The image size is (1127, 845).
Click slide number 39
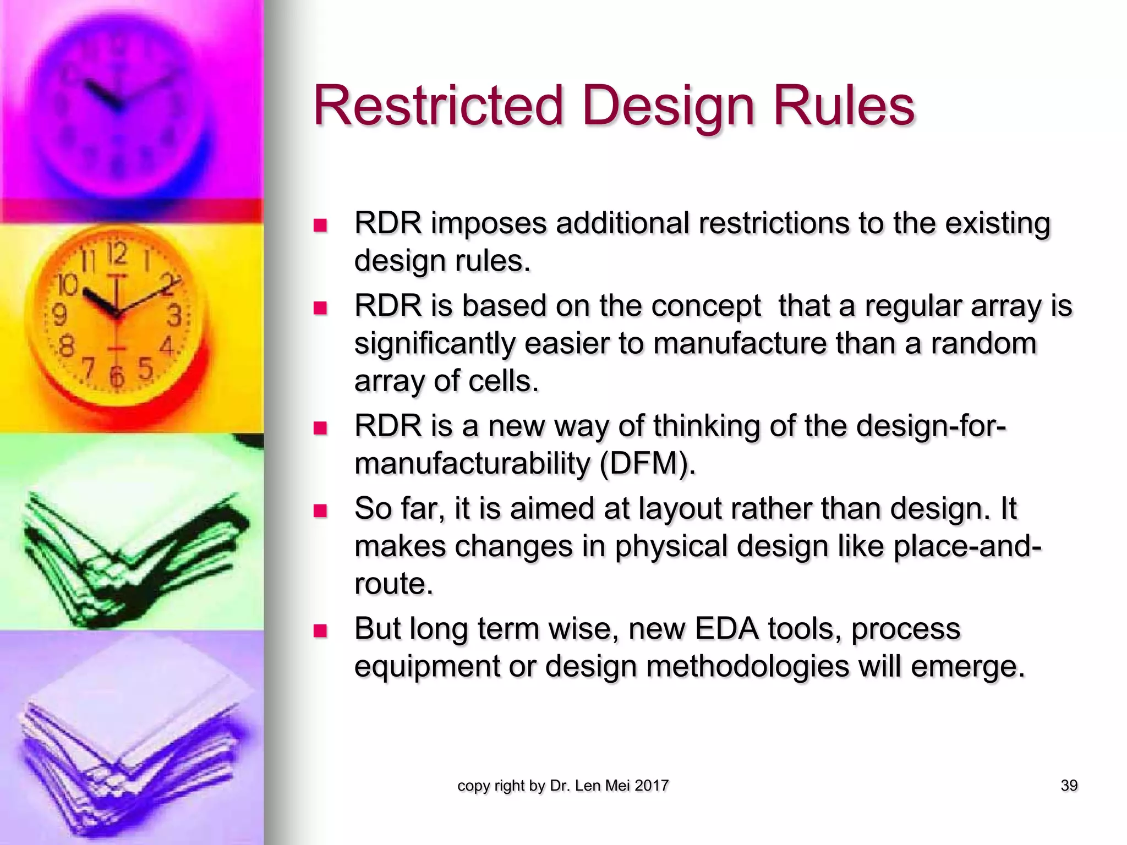point(1069,786)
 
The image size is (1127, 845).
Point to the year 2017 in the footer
point(652,786)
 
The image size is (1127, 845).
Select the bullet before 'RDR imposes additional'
point(320,226)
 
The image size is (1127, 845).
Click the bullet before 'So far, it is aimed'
point(320,511)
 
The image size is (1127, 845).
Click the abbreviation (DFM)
point(647,464)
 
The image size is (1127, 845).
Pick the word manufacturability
point(472,464)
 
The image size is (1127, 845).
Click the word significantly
point(434,344)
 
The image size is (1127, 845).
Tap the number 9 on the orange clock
point(59,315)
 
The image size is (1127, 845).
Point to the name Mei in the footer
point(618,786)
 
